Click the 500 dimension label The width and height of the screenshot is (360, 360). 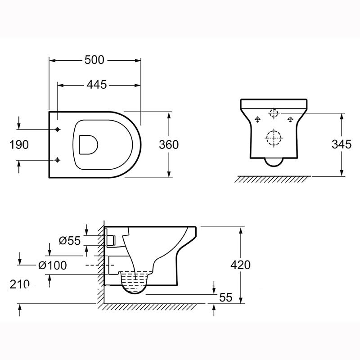click(94, 60)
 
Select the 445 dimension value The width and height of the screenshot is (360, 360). click(97, 85)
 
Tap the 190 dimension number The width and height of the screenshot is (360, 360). click(19, 144)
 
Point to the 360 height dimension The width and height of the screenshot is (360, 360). click(169, 144)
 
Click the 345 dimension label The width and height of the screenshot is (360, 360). click(342, 144)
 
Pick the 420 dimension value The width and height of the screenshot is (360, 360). click(240, 265)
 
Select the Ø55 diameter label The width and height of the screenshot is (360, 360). click(70, 241)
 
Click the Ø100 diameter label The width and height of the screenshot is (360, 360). click(53, 265)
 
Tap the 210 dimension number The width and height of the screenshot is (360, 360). click(19, 284)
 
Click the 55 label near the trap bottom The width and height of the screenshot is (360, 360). click(226, 297)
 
